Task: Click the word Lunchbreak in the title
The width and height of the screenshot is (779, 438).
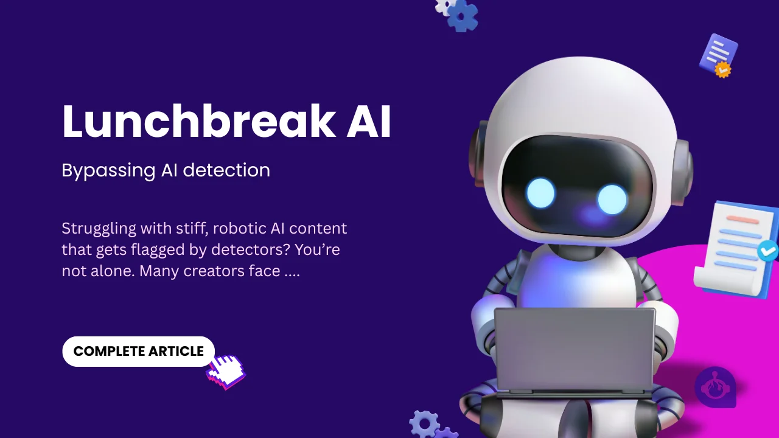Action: pos(198,122)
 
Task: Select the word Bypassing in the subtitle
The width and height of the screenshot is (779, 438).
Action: pos(108,170)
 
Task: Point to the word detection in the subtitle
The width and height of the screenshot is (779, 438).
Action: pos(226,170)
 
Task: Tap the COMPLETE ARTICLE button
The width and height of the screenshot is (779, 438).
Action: pos(138,352)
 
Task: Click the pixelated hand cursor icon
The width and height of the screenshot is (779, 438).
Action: pos(226,370)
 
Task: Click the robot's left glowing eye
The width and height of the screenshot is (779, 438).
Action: pos(540,194)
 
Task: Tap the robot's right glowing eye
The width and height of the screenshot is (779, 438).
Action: pos(612,199)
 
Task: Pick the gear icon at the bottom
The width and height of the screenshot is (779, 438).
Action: pos(424,423)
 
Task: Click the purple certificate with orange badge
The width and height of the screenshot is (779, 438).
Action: pos(718,55)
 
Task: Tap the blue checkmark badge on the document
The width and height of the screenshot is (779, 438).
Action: pos(768,250)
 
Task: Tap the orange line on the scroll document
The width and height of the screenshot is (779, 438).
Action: pos(742,220)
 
